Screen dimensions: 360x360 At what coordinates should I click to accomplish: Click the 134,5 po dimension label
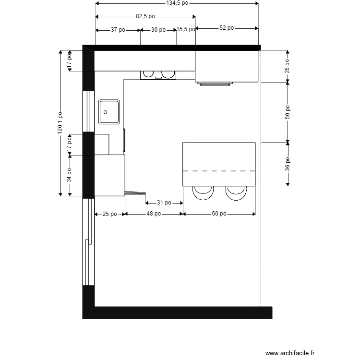177,3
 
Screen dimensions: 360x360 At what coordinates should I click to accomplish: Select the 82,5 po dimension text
145,16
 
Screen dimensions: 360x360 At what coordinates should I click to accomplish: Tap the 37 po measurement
118,30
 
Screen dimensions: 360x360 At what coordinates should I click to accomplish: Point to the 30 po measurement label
158,30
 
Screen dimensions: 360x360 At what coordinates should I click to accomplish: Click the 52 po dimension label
227,28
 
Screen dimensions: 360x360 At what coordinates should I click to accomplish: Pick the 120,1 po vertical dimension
60,123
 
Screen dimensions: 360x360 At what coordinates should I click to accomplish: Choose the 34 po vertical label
69,175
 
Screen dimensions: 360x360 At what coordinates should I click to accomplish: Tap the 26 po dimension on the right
287,66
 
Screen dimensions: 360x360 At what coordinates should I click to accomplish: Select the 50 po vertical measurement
288,112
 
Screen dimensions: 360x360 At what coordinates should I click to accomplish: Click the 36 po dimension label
288,164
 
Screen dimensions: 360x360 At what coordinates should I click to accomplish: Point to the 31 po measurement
164,203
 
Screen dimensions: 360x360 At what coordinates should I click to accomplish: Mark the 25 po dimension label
110,214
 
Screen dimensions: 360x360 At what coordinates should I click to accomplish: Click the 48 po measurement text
154,214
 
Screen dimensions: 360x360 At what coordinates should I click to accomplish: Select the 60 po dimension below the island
219,214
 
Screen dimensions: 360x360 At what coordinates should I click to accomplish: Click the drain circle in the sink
106,112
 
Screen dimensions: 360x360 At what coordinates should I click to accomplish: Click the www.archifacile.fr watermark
290,353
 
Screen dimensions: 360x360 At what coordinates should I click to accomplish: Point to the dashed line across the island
219,171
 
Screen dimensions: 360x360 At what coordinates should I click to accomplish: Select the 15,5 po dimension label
186,29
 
